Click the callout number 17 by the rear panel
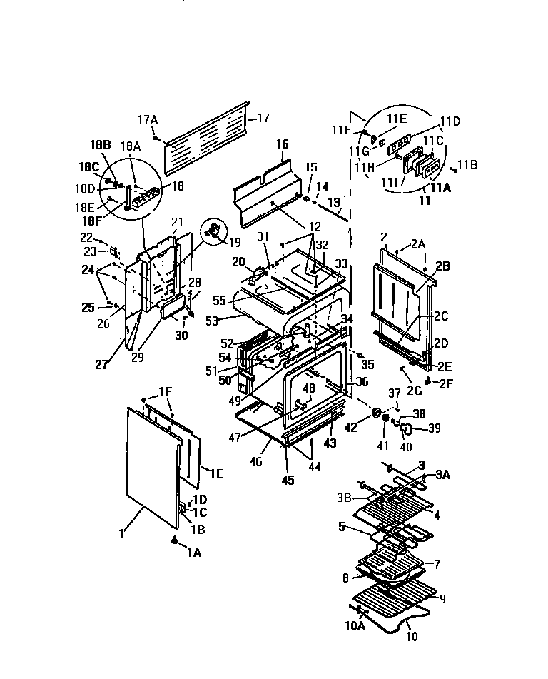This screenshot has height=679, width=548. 263,118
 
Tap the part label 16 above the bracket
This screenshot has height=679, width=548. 282,145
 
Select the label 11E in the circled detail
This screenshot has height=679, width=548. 397,119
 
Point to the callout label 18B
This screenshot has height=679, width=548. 100,144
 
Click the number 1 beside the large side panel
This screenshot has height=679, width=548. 121,533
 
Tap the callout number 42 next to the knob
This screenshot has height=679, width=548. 350,428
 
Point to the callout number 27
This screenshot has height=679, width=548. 102,364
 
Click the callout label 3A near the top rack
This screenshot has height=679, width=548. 443,475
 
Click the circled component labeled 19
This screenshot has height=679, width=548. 211,230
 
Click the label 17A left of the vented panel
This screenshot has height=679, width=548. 147,120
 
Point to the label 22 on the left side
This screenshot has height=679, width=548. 86,237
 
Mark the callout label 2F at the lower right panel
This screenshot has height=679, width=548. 447,382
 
